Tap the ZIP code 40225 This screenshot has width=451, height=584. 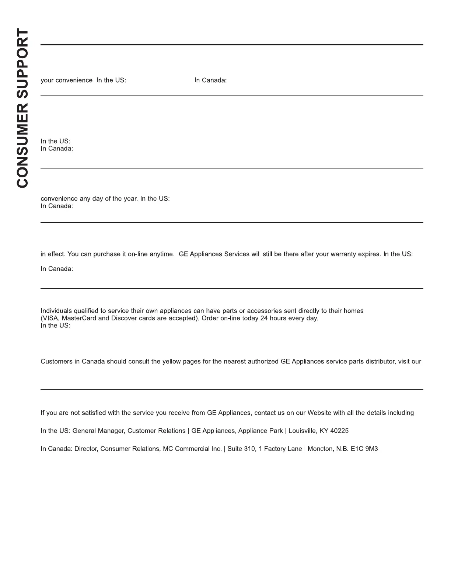pyautogui.click(x=339, y=431)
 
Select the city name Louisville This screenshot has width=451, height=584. pyautogui.click(x=302, y=431)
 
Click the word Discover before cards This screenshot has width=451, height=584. pyautogui.click(x=124, y=318)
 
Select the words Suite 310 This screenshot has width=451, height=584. pyautogui.click(x=241, y=449)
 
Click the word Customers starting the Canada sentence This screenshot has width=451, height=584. pyautogui.click(x=57, y=361)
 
